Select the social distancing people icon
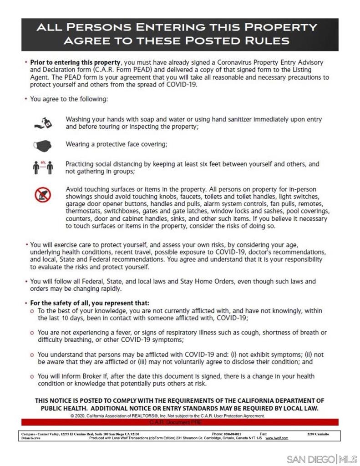pyautogui.click(x=43, y=167)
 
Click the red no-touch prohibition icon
pyautogui.click(x=43, y=195)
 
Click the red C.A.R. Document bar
pyautogui.click(x=180, y=422)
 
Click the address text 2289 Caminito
pyautogui.click(x=318, y=434)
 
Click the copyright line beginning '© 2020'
pyautogui.click(x=167, y=416)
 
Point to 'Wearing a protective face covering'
pyautogui.click(x=116, y=144)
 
